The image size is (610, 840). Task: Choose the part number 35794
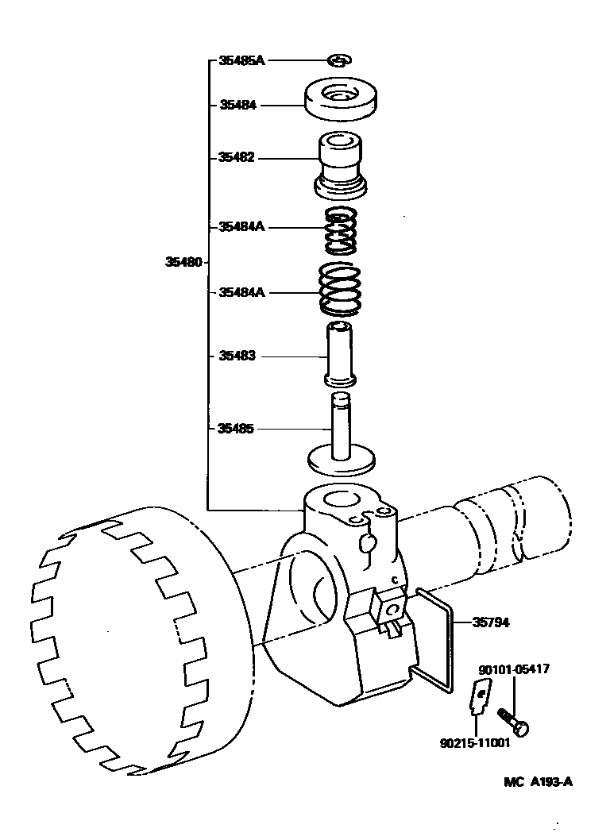click(490, 622)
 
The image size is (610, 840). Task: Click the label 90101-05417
click(514, 670)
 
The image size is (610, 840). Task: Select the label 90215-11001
click(474, 743)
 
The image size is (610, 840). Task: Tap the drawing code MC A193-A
click(537, 781)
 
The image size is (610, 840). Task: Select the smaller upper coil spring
click(341, 229)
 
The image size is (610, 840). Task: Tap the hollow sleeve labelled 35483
click(341, 354)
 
